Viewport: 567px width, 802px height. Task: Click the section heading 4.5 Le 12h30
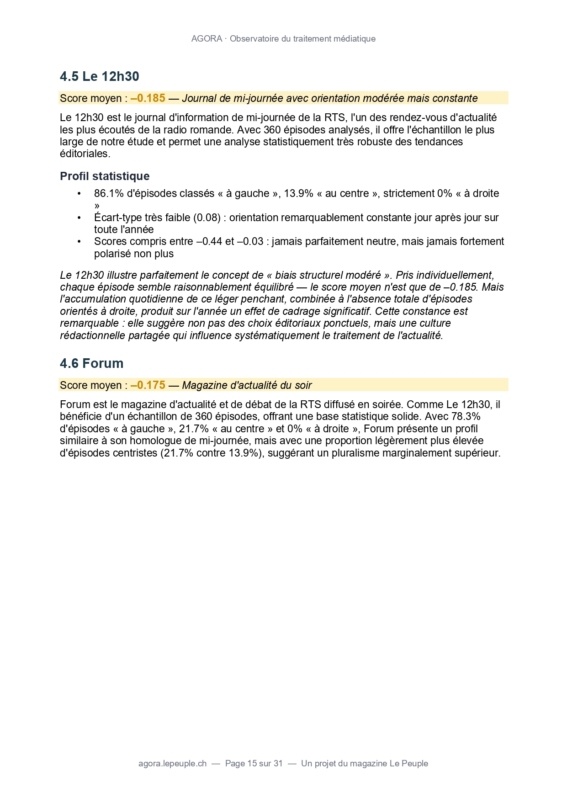coord(99,76)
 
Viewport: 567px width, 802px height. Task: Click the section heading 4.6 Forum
coord(91,363)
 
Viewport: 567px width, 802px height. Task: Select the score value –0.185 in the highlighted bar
coord(148,98)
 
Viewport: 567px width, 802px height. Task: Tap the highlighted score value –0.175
coord(148,385)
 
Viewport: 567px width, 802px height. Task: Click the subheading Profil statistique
coord(105,176)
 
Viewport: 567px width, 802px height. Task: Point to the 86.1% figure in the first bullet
coord(109,193)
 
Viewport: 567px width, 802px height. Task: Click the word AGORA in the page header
coord(207,39)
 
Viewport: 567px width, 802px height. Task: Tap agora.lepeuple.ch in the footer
coord(172,763)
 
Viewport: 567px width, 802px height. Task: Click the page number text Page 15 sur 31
coord(254,763)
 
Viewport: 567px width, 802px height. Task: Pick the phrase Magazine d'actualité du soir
coord(247,385)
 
